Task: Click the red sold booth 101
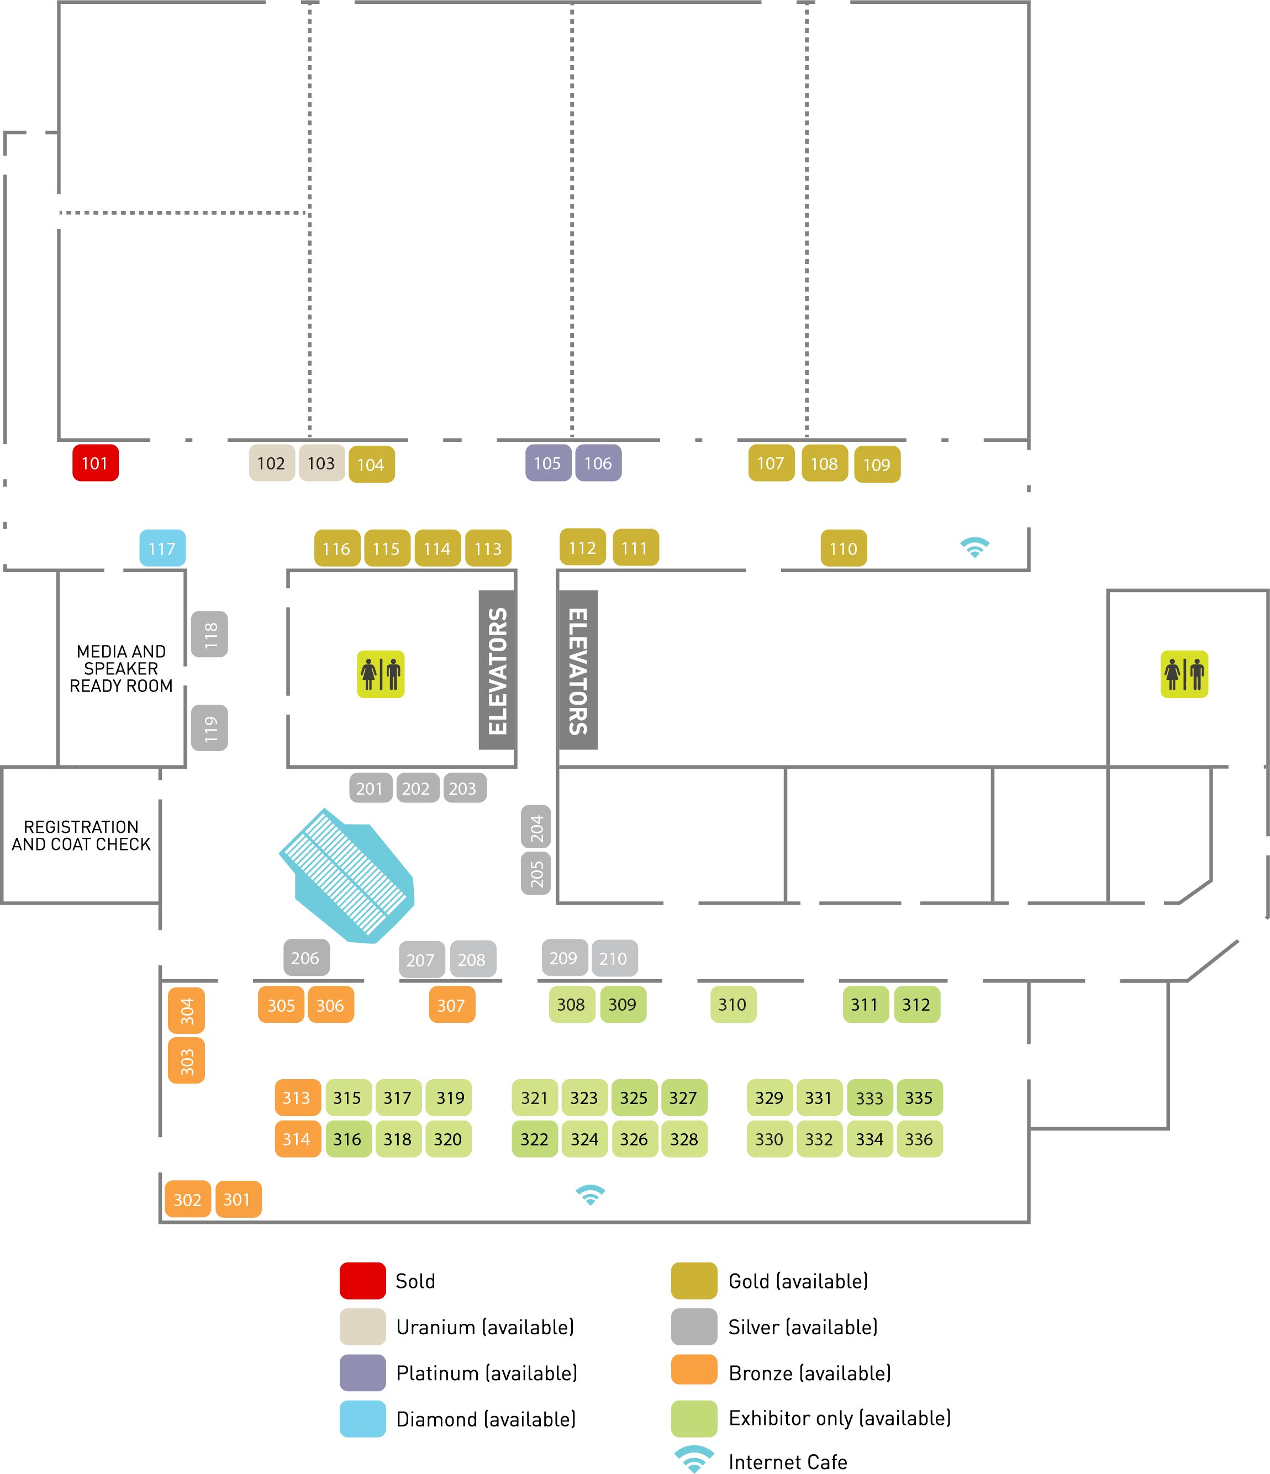point(96,463)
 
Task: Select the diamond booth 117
point(162,548)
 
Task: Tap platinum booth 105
point(548,463)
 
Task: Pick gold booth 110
point(844,548)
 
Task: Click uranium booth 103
point(322,463)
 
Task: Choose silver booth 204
point(536,827)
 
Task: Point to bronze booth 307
point(452,1005)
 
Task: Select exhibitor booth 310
point(733,1005)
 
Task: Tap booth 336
point(919,1139)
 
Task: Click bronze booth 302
point(188,1200)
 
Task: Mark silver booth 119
point(210,728)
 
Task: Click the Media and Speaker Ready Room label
point(121,669)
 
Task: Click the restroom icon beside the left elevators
point(381,674)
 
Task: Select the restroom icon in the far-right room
point(1184,674)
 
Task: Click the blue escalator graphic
point(348,876)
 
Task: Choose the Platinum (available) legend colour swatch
point(363,1372)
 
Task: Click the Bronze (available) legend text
point(810,1373)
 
